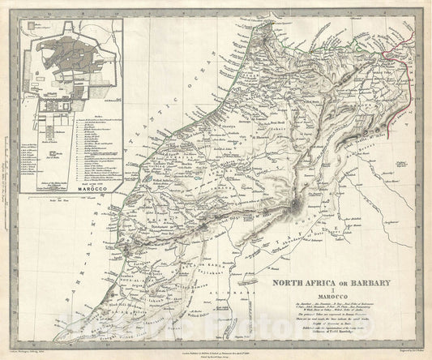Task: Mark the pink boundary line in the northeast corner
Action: tap(405, 41)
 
